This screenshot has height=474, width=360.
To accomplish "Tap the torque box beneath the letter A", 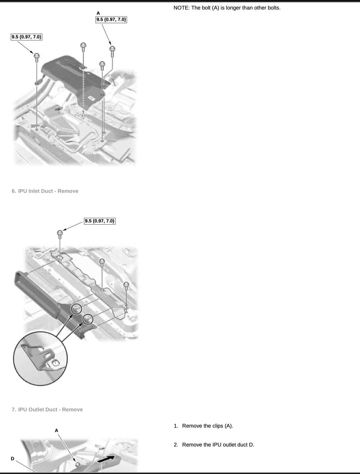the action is (111, 20).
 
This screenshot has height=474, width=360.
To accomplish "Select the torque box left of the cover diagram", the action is (26, 37).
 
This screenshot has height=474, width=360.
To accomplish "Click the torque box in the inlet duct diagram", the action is (100, 221).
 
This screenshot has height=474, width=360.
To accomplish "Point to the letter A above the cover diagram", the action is (98, 13).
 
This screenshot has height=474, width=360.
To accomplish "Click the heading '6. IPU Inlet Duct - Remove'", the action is (45, 191).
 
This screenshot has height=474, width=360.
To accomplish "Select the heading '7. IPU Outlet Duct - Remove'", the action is (47, 410).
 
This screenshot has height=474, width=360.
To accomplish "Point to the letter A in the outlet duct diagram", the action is (56, 430).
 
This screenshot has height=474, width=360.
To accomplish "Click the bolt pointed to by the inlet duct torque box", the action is (60, 234).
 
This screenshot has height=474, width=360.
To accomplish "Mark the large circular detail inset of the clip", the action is (40, 359).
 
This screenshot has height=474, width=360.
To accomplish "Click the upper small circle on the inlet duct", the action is (76, 309).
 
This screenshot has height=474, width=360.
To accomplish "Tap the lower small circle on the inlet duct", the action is (88, 319).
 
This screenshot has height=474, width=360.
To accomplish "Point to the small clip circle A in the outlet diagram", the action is (77, 464).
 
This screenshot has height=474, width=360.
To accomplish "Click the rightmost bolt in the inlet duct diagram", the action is (126, 286).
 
